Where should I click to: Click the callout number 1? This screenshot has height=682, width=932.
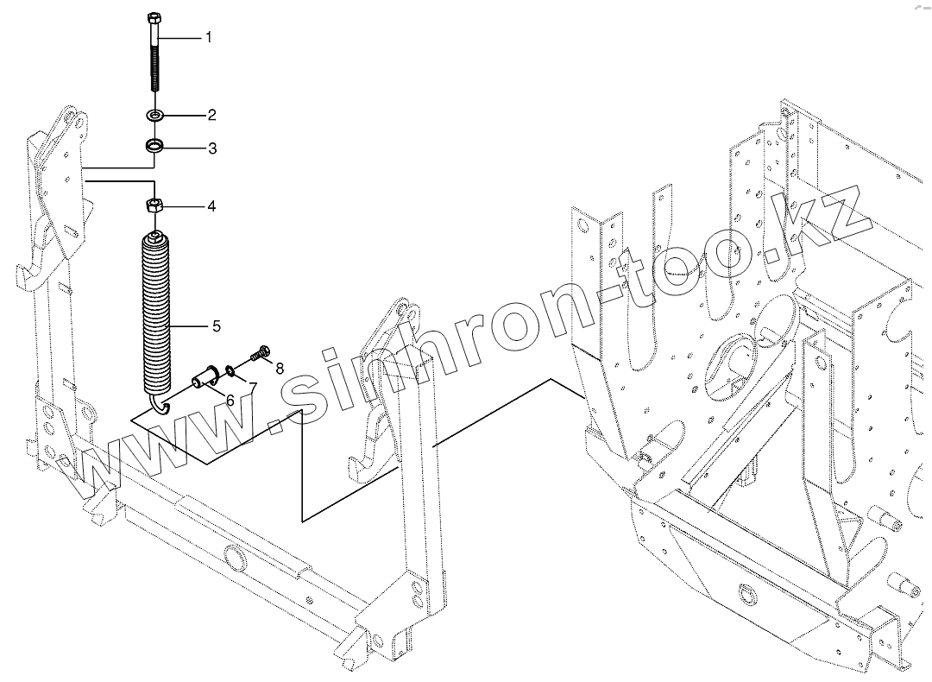pyautogui.click(x=208, y=38)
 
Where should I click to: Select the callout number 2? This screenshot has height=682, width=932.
pyautogui.click(x=211, y=115)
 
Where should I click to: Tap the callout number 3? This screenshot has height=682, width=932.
pyautogui.click(x=211, y=148)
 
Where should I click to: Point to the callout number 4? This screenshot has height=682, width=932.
pyautogui.click(x=211, y=207)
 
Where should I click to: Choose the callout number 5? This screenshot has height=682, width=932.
pyautogui.click(x=216, y=326)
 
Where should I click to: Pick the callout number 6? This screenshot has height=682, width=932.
pyautogui.click(x=231, y=399)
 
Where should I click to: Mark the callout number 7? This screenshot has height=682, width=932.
pyautogui.click(x=253, y=385)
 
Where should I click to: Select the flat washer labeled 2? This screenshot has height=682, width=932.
pyautogui.click(x=155, y=115)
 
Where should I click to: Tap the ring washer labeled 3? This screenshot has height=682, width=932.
pyautogui.click(x=155, y=145)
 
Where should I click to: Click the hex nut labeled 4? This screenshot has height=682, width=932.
pyautogui.click(x=154, y=206)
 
